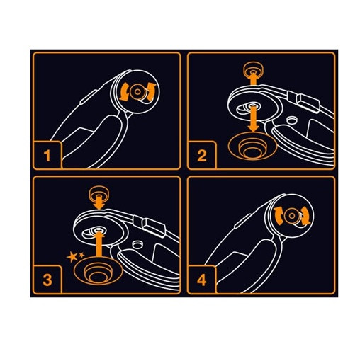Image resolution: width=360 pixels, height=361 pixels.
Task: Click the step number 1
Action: tap(47, 156)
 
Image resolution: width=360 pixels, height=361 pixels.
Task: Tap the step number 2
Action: tap(202, 156)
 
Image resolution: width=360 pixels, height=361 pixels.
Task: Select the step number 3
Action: tap(47, 280)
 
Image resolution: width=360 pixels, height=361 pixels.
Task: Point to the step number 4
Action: tap(202, 280)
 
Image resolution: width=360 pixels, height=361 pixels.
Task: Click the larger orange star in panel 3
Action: tap(72, 257)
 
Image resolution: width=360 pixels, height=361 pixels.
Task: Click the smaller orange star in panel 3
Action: tap(81, 255)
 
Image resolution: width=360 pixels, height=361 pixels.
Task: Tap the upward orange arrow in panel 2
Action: tap(253, 79)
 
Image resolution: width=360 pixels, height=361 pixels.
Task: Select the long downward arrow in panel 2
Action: tap(254, 119)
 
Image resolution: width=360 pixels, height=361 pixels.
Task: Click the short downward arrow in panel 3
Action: tap(99, 202)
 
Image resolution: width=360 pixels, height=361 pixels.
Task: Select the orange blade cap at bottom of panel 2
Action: tap(252, 146)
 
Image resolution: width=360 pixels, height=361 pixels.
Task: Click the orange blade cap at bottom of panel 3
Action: tap(98, 271)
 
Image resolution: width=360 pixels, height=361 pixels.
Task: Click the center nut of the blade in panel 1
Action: tap(137, 92)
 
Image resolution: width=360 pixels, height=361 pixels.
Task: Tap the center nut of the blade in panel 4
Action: tap(292, 216)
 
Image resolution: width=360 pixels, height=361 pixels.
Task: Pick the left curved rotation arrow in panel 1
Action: tap(124, 93)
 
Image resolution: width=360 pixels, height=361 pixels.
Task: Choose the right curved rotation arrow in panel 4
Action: tap(305, 215)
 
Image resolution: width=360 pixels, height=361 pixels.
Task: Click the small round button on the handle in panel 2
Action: tap(291, 120)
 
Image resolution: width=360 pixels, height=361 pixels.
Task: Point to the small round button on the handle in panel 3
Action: tap(137, 245)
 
